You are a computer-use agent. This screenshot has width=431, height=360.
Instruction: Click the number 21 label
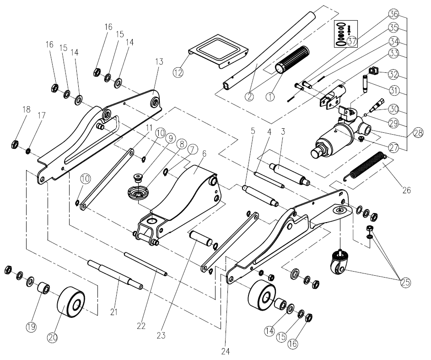click(114, 312)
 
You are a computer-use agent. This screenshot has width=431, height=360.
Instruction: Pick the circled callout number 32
click(394, 74)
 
